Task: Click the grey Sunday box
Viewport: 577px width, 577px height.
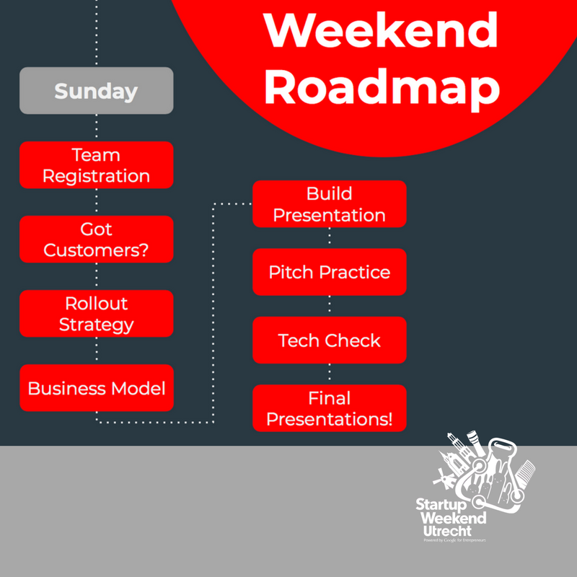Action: (96, 91)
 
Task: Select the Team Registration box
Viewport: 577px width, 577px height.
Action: (96, 165)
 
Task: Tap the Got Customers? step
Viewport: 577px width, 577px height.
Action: (96, 239)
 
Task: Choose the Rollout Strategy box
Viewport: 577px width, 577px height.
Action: (96, 314)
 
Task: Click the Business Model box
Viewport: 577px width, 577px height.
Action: (96, 388)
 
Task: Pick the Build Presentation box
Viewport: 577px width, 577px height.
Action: (329, 204)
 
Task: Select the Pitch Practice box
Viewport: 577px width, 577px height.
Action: (329, 272)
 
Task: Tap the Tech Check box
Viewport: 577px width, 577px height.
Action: (329, 340)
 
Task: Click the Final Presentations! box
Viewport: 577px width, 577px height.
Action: (329, 408)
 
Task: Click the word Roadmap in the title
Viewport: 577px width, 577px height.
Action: (382, 87)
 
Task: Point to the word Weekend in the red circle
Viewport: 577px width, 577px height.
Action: (382, 30)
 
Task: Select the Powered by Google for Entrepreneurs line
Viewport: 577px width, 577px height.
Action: (454, 539)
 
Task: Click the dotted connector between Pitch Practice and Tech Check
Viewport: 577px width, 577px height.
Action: (330, 306)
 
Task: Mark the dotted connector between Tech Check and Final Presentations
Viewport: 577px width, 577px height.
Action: (330, 374)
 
